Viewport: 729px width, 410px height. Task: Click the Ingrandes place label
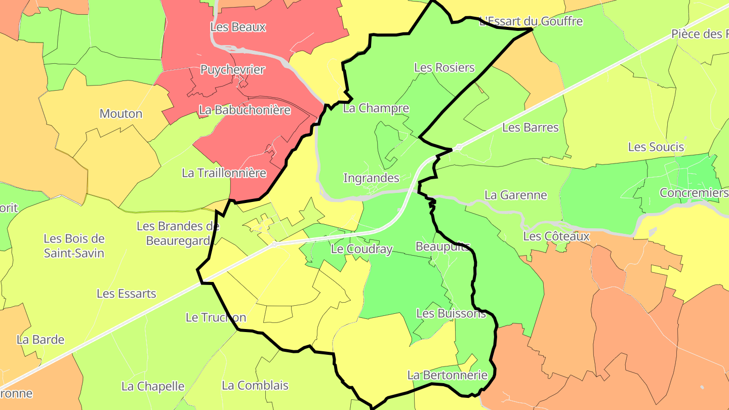point(371,178)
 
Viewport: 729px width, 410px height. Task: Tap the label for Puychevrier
point(232,70)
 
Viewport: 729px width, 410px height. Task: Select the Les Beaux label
point(238,27)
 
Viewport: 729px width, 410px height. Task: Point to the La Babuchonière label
point(245,110)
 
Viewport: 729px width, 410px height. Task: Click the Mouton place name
point(121,114)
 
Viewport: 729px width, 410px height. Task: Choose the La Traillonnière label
point(224,173)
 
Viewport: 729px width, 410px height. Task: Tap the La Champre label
point(376,108)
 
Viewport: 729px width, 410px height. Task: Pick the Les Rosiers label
point(444,68)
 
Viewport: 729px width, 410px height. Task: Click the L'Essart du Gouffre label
point(531,21)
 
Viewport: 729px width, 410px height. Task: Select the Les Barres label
point(530,128)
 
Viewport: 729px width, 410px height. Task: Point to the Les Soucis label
point(656,147)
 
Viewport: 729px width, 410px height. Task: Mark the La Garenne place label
point(515,195)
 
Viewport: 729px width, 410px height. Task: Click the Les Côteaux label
point(556,236)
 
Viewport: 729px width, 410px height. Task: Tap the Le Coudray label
point(361,249)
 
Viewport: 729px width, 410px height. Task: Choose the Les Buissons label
point(451,313)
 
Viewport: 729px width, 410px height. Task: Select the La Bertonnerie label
point(447,375)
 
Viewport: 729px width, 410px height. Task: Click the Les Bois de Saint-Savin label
point(74,245)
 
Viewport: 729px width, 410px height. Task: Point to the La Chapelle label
point(152,387)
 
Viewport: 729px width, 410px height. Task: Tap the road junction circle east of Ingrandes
point(459,147)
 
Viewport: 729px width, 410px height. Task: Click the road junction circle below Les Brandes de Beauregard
point(273,244)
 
